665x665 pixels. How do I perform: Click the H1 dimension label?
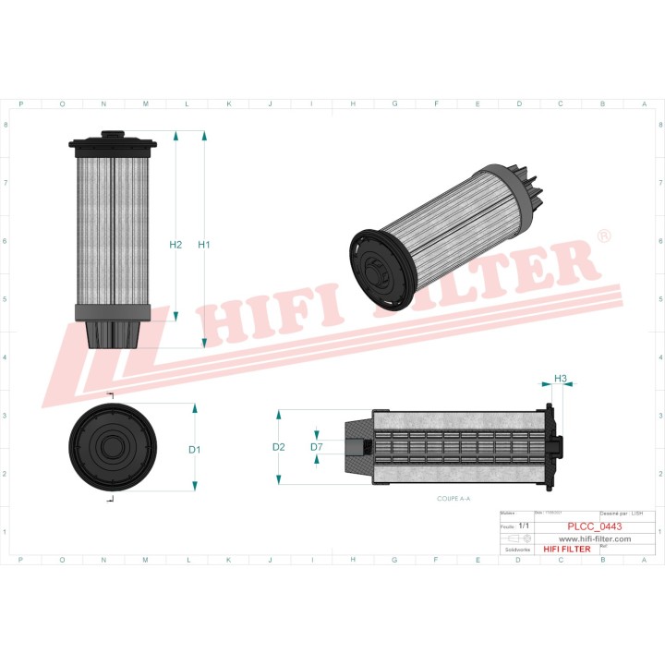pyautogui.click(x=204, y=245)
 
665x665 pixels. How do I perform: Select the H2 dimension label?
pyautogui.click(x=175, y=245)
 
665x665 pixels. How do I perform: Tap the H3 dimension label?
pyautogui.click(x=560, y=379)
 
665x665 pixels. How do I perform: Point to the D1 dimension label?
pyautogui.click(x=194, y=450)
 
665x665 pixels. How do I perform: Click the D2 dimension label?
pyautogui.click(x=278, y=447)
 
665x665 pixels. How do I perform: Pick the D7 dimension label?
pyautogui.click(x=316, y=447)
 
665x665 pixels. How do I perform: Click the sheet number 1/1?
pyautogui.click(x=524, y=526)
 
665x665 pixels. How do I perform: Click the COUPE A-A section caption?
pyautogui.click(x=453, y=498)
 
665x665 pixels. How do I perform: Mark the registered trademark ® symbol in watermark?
pyautogui.click(x=604, y=237)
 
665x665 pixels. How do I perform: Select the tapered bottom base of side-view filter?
pyautogui.click(x=113, y=334)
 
